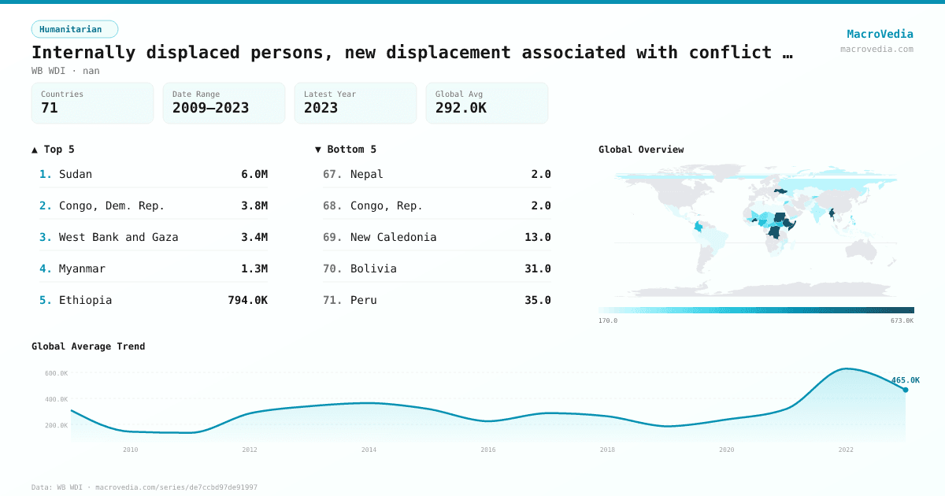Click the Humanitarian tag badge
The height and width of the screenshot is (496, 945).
point(74,29)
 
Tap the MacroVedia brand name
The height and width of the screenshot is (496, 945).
point(880,34)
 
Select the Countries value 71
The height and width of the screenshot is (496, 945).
point(50,108)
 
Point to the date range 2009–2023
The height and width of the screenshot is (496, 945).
point(210,108)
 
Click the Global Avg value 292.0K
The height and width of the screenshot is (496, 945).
point(461,108)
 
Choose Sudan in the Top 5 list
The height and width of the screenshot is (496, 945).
point(76,174)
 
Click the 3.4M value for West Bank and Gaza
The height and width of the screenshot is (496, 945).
point(254,237)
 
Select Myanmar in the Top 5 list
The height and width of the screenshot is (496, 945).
point(82,268)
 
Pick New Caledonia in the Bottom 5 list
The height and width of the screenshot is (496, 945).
point(393,237)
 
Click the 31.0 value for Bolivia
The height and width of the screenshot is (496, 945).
point(538,268)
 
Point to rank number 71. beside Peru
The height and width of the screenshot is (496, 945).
point(332,300)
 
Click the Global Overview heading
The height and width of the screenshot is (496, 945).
point(641,150)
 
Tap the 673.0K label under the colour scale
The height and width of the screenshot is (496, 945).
point(902,320)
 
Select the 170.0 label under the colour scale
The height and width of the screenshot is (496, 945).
point(608,320)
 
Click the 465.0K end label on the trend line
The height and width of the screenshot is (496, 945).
point(905,380)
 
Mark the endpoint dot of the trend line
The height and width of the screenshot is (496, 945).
point(906,390)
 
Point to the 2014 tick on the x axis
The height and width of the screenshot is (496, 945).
point(369,450)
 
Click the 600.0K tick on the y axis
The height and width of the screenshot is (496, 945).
point(56,373)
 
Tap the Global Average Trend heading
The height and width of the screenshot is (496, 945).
point(88,346)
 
